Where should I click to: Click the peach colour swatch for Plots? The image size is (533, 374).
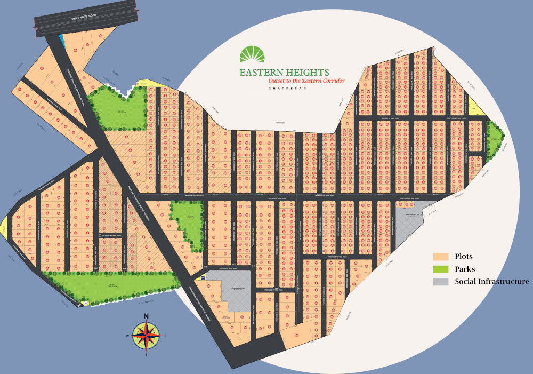click(441, 257)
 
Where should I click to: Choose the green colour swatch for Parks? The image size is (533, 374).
click(441, 269)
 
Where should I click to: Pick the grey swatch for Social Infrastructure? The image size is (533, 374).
click(441, 282)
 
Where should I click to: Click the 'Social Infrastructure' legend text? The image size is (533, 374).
click(491, 282)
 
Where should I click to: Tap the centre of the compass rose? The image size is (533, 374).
click(146, 335)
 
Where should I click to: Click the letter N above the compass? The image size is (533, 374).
click(146, 315)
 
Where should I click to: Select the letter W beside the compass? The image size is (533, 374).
click(127, 336)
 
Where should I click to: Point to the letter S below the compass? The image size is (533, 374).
click(146, 355)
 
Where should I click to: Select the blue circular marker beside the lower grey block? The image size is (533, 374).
click(203, 277)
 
